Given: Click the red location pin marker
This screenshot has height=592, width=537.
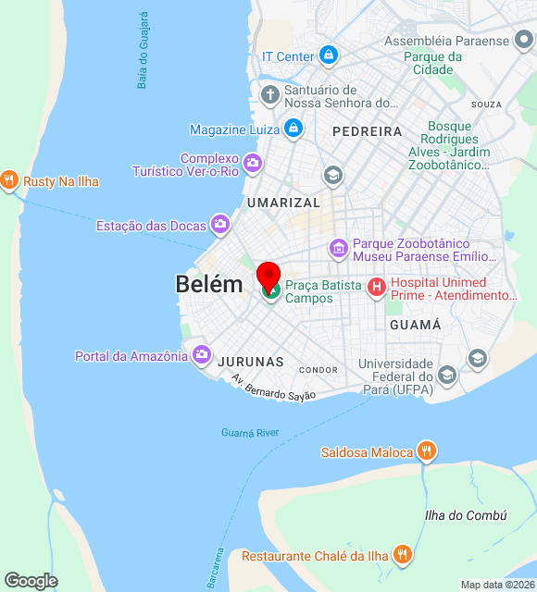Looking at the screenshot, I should pos(268,276).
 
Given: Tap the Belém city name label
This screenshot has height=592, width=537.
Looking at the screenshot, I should pos(209,285).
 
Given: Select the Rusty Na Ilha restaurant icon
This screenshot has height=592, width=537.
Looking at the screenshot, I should pos(10,180).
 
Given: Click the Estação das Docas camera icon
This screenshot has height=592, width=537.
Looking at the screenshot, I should pos(219,224).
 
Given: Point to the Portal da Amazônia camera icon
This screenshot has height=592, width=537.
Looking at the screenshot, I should pos(202,355).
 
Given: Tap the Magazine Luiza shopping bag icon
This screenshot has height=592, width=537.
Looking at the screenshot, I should pos(293,129).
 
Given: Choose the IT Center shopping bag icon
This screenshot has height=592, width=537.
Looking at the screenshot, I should pos(328,56).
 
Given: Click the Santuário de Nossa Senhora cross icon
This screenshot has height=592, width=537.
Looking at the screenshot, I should pos(269,95).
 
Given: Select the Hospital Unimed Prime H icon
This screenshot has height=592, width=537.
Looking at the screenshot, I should pos(377,288).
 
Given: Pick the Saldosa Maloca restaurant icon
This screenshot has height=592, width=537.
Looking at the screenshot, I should pos(426,451).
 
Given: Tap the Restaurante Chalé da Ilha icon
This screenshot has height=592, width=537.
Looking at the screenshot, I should pos(402,554).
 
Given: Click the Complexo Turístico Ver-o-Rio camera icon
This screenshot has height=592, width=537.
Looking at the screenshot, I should pos(253,165).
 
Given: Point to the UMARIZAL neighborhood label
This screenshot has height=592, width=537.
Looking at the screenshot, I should pos(283,203).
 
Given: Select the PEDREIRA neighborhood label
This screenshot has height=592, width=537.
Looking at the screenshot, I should pos(367,131).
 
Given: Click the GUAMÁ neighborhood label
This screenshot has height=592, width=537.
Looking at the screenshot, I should pos(416,326).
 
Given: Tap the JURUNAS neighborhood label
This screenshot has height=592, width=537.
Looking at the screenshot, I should pos(250,362).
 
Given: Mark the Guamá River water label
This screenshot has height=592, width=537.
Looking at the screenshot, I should pos(250,432).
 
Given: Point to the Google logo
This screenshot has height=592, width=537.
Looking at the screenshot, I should pos(31,581).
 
